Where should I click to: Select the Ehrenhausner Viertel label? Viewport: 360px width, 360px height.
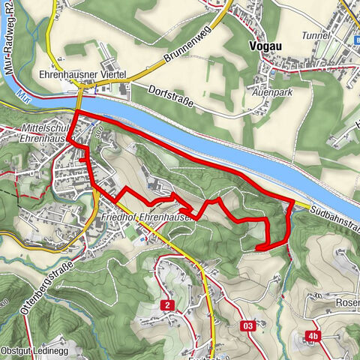pyautogui.click(x=82, y=75)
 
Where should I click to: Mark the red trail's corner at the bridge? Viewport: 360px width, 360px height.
pyautogui.click(x=76, y=112)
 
